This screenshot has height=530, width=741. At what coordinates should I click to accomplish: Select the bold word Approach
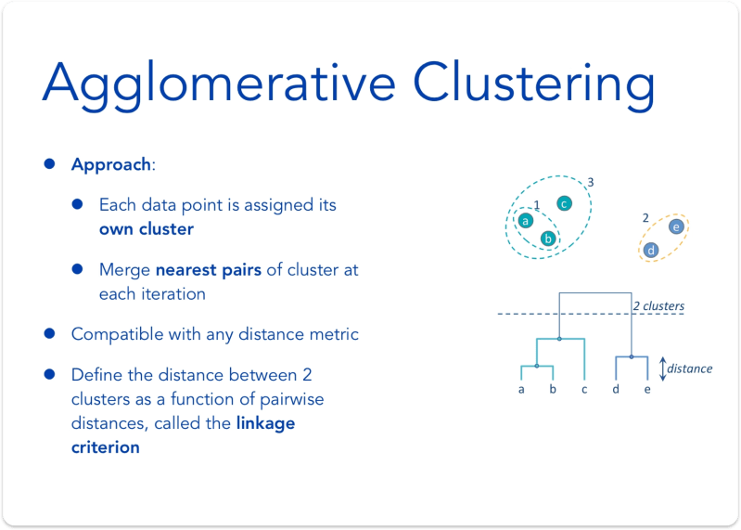[110, 164]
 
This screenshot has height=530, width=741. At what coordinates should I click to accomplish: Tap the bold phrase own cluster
[147, 228]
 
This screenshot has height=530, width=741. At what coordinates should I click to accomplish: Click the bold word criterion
[106, 447]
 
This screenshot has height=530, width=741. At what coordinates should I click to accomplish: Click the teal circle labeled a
[525, 221]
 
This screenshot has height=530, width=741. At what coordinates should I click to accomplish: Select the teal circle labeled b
[548, 239]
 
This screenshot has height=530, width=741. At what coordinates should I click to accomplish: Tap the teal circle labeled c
[564, 203]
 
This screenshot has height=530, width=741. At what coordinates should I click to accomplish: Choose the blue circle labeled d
[652, 250]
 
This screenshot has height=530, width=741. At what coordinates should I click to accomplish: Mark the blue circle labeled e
[676, 226]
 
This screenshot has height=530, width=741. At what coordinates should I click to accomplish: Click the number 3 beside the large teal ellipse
[591, 181]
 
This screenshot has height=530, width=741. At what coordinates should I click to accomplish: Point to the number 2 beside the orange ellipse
[645, 217]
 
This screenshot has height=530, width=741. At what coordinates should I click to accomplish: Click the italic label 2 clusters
[658, 305]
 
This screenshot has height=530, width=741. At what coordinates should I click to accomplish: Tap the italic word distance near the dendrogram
[690, 368]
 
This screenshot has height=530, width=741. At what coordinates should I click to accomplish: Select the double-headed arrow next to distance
[662, 368]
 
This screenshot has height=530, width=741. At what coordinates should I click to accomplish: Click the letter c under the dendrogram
[583, 390]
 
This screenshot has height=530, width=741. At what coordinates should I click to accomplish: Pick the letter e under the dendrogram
[647, 390]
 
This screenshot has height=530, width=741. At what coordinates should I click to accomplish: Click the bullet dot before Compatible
[49, 331]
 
